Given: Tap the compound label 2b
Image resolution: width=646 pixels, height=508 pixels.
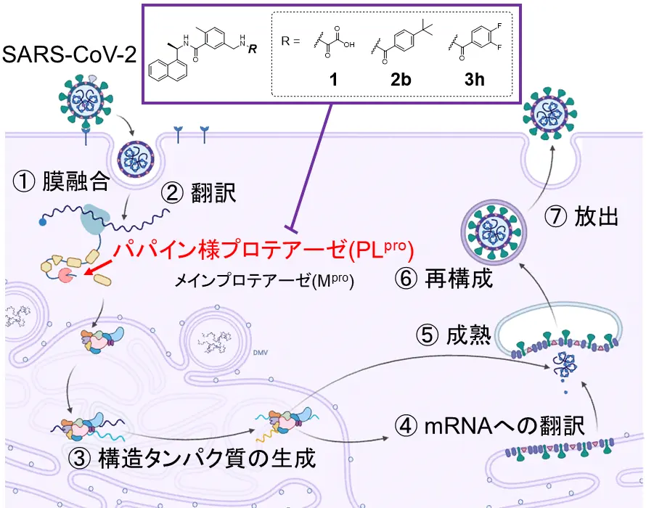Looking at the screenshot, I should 401,79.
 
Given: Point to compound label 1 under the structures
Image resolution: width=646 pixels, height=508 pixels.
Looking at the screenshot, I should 332,79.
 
